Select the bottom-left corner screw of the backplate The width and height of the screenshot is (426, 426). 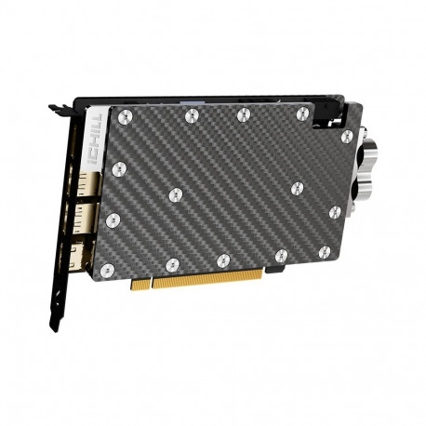click(107, 271)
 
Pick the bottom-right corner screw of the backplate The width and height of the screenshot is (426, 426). click(324, 251)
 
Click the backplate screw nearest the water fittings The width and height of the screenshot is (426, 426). click(347, 137)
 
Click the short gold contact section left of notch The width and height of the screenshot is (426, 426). click(139, 284)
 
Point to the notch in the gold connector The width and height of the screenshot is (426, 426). click(149, 284)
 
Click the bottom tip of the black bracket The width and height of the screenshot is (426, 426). click(55, 326)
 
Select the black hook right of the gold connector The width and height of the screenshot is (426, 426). click(276, 270)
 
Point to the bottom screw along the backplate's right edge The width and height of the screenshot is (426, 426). click(334, 213)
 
